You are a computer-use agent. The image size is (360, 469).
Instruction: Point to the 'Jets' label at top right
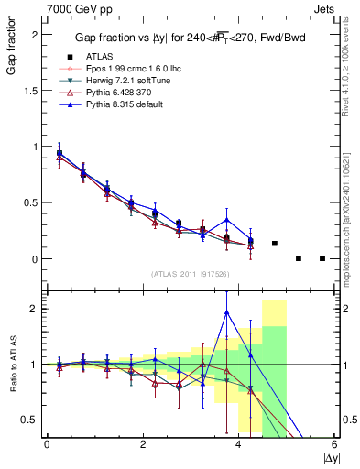(323, 7)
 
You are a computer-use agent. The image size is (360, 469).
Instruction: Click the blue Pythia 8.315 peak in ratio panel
(226, 312)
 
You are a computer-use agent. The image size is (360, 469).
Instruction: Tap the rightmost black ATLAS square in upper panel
(322, 258)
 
